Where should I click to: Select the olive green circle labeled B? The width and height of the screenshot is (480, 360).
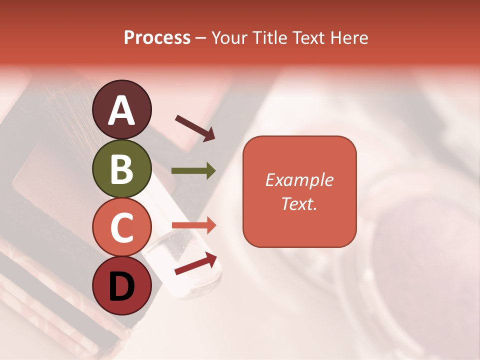tap(121, 168)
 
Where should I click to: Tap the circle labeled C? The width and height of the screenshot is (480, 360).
tap(121, 227)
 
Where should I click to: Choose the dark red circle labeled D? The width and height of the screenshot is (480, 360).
tap(121, 286)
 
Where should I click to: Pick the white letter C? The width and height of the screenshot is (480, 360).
tap(121, 228)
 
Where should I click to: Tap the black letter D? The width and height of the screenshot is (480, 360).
tap(121, 287)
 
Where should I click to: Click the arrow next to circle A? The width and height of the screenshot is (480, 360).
tap(195, 127)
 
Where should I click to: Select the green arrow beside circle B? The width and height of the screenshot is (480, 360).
tap(193, 171)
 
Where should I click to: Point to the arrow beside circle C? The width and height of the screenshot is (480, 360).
tap(193, 225)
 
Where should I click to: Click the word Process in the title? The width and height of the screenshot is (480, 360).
tap(157, 38)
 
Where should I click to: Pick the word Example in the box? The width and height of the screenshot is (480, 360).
tap(299, 180)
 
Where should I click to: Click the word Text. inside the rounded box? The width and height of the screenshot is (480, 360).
tap(299, 203)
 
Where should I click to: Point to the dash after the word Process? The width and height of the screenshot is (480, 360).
tap(201, 38)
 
